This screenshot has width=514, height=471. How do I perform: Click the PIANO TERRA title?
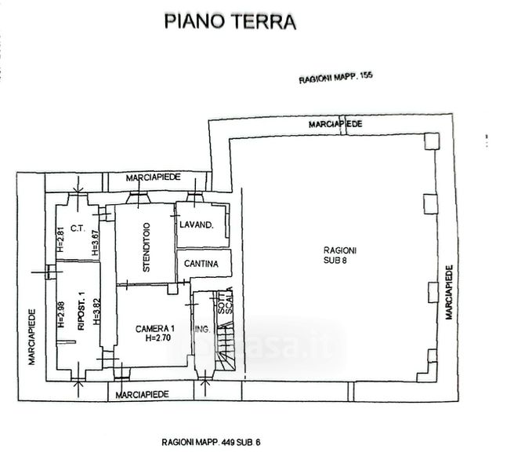[230, 20]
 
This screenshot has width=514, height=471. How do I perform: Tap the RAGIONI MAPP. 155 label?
[336, 79]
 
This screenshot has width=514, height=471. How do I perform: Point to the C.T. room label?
[77, 229]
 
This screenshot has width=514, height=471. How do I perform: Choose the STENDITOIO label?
[147, 249]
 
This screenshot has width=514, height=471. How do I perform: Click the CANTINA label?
[201, 264]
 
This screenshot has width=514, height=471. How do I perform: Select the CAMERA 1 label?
[155, 328]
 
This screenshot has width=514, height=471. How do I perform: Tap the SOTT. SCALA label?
[225, 303]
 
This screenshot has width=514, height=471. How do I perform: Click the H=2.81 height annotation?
[60, 239]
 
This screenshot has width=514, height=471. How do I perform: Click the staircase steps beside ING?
[225, 345]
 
